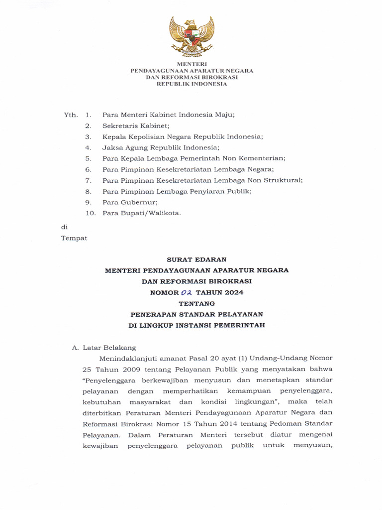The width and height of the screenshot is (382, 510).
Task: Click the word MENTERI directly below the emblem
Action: click(191, 64)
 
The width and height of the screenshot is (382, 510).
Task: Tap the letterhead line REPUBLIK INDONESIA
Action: click(191, 84)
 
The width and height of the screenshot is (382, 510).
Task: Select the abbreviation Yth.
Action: click(71, 115)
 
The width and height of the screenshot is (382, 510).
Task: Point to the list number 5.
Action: click(88, 158)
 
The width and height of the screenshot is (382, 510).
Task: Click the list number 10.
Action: click(90, 213)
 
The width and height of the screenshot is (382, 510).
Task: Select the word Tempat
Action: click(74, 238)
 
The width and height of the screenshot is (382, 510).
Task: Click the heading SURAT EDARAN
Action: click(196, 259)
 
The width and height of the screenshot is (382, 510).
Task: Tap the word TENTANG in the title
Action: click(196, 303)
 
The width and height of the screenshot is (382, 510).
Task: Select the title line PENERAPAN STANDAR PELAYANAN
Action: click(196, 314)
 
